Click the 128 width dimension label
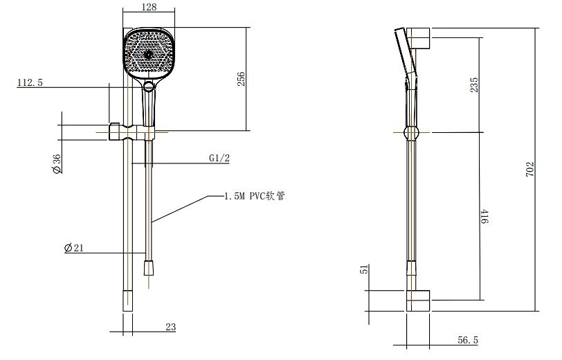tap(149, 7)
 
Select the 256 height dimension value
tap(242, 79)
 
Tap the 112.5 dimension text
tap(30, 82)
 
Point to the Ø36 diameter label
tap(57, 164)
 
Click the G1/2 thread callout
tap(219, 158)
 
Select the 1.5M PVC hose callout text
tap(255, 196)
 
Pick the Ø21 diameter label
tap(74, 247)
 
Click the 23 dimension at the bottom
tap(171, 327)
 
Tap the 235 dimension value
tap(474, 84)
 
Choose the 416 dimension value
tap(484, 217)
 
